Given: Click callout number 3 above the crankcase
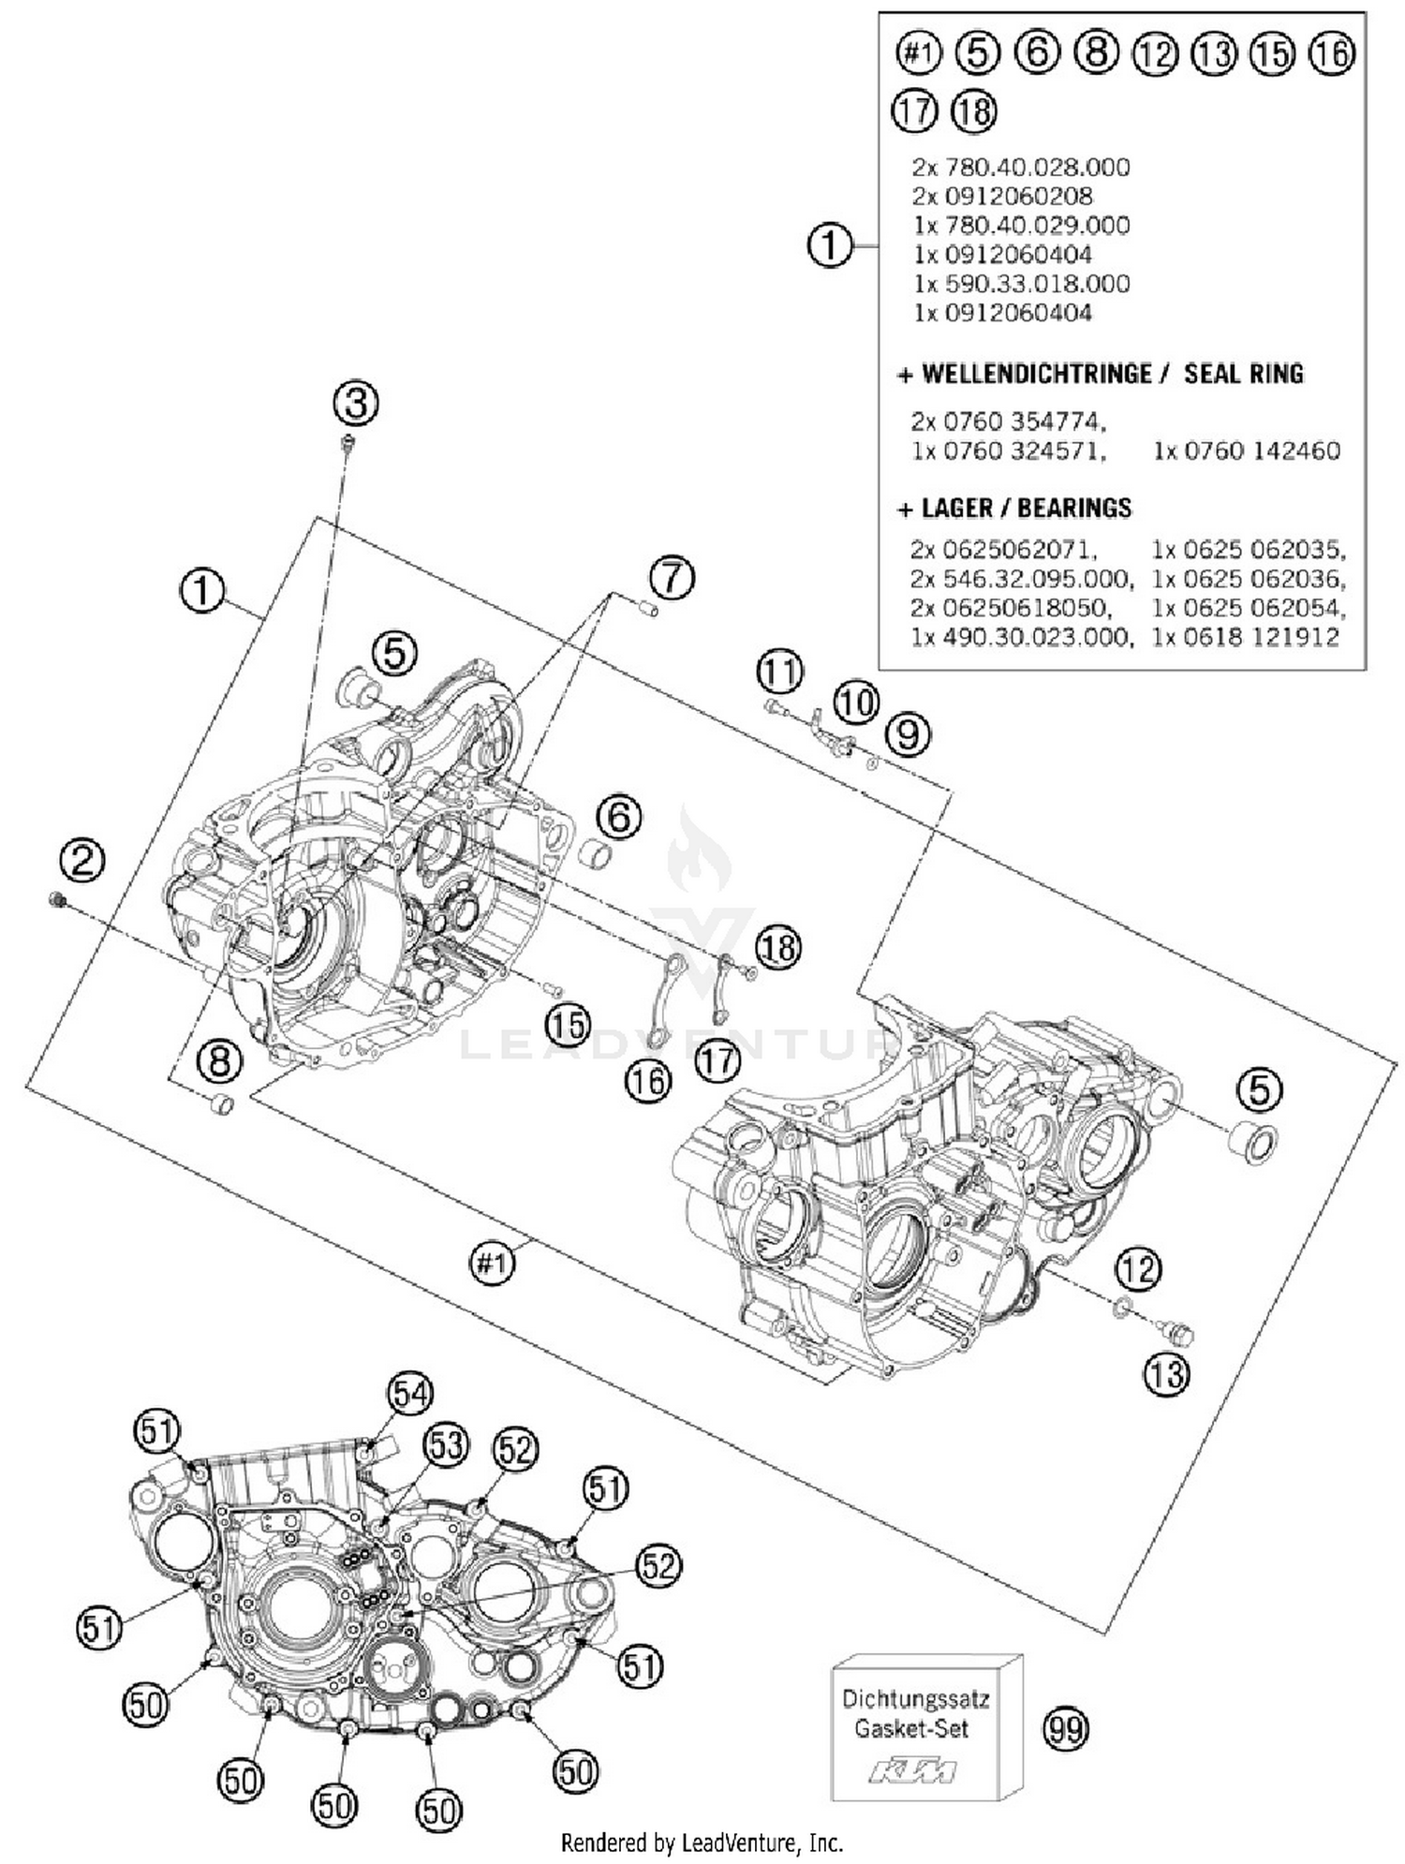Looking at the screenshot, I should pyautogui.click(x=356, y=405).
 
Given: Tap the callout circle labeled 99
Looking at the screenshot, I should pyautogui.click(x=1065, y=1729).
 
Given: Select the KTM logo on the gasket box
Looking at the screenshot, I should pyautogui.click(x=912, y=1771).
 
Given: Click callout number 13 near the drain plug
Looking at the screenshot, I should pyautogui.click(x=1165, y=1375).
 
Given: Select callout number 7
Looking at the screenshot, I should pyautogui.click(x=673, y=577).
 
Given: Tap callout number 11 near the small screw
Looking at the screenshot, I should pyautogui.click(x=779, y=671).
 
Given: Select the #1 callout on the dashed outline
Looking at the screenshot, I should pyautogui.click(x=493, y=1265).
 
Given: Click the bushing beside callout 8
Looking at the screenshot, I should pyautogui.click(x=222, y=1104).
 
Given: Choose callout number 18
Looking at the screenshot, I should pyautogui.click(x=779, y=947).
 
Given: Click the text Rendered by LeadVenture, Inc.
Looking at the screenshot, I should pyautogui.click(x=702, y=1843).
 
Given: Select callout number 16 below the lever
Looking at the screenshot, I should pyautogui.click(x=648, y=1082).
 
